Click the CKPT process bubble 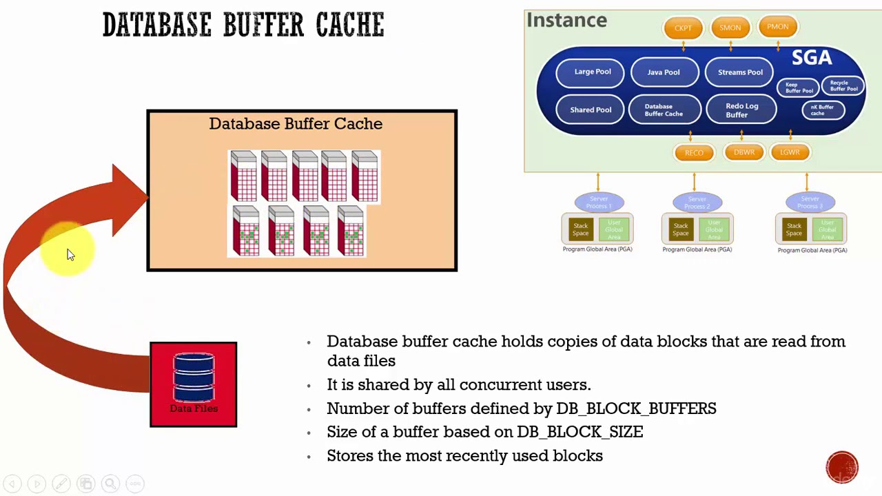click(683, 28)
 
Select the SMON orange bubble click(730, 28)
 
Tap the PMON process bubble click(777, 27)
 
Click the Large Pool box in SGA click(593, 72)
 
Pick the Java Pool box click(664, 72)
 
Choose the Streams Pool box click(740, 72)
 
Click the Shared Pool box click(591, 110)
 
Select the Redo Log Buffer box click(741, 110)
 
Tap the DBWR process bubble click(743, 152)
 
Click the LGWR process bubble click(790, 152)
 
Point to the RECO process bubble click(694, 153)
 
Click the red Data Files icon click(193, 384)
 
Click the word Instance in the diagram click(566, 21)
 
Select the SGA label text click(811, 58)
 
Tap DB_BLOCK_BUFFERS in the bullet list click(636, 409)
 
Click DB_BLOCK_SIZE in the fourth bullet click(580, 432)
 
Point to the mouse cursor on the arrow click(70, 254)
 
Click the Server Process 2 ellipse click(697, 203)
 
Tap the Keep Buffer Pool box click(799, 87)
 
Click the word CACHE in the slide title click(349, 25)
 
